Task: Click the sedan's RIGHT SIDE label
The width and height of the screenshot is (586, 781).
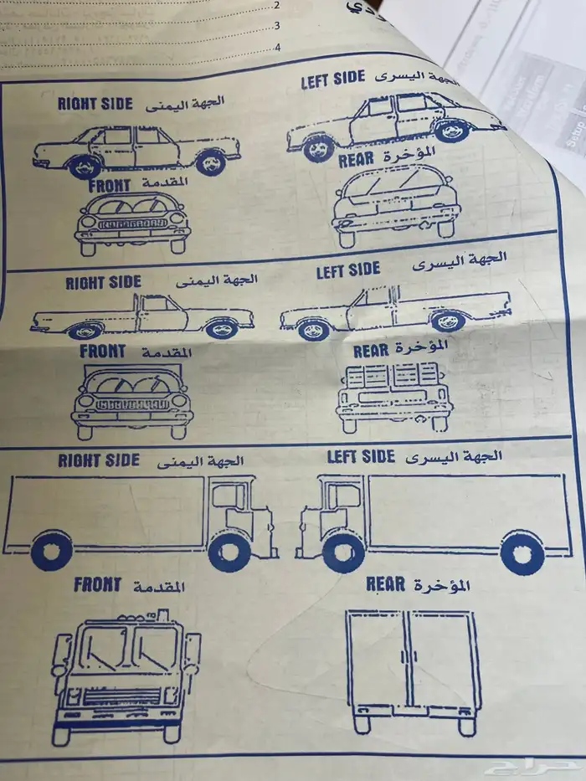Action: tap(95, 103)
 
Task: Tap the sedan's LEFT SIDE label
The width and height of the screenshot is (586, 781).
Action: tap(333, 78)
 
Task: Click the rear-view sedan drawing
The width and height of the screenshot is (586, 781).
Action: tap(395, 203)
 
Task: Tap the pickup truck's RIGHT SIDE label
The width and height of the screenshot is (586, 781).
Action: tap(103, 282)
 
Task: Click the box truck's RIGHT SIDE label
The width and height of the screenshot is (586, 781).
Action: tap(99, 460)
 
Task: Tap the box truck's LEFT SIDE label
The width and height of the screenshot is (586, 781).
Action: tap(360, 456)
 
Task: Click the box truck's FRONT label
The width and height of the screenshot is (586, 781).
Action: tap(97, 584)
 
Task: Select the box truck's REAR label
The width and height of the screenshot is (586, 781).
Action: tap(385, 583)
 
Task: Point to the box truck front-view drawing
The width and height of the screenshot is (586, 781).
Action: tap(126, 678)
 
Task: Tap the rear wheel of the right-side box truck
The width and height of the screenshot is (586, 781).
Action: tap(52, 550)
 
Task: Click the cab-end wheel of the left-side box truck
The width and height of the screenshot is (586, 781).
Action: tap(343, 552)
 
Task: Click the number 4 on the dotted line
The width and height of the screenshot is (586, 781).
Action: tap(277, 48)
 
